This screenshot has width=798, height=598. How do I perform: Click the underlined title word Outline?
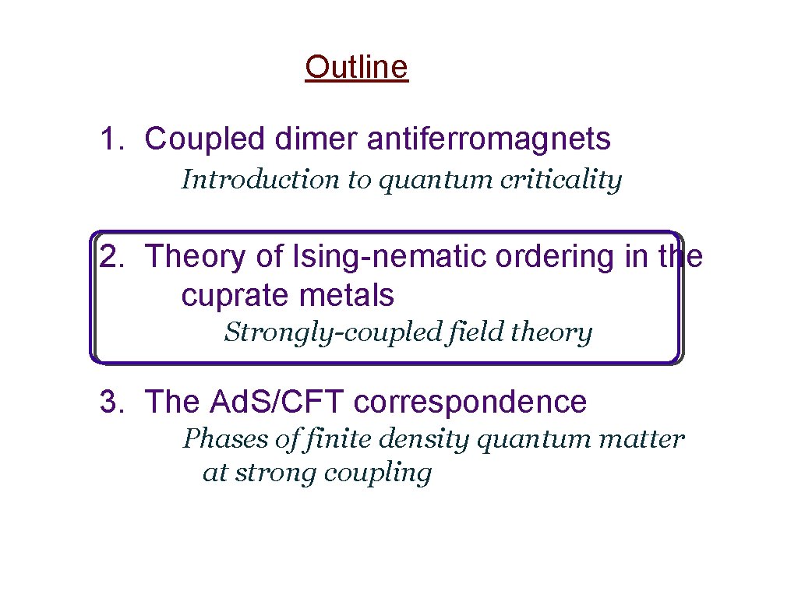pyautogui.click(x=356, y=68)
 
